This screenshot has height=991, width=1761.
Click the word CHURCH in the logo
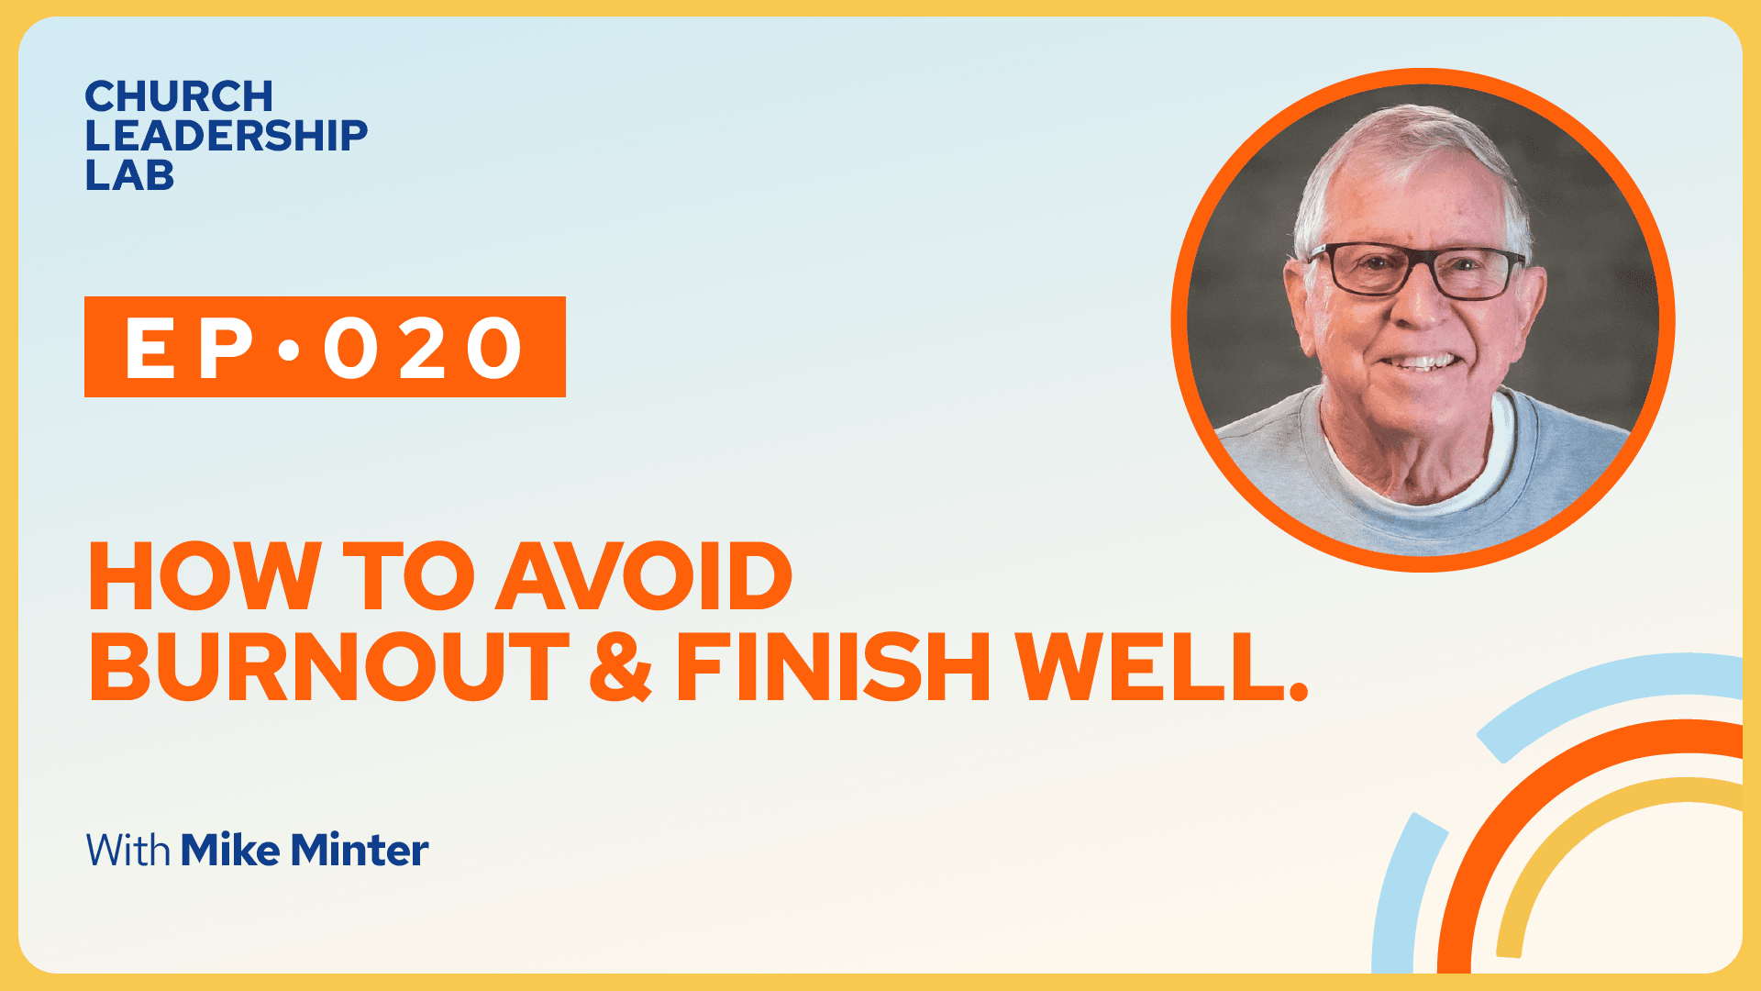click(179, 96)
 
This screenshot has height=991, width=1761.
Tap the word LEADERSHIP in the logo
click(226, 136)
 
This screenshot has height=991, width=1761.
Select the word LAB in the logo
click(129, 175)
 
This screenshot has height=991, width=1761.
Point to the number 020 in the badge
click(423, 348)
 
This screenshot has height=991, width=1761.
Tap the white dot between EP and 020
click(289, 349)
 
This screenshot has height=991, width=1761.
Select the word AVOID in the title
click(643, 576)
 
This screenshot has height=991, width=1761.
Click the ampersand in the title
click(621, 667)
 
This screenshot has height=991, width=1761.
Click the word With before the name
click(128, 851)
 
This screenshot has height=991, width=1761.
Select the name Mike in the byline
click(230, 850)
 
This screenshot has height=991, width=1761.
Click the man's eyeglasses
click(1416, 271)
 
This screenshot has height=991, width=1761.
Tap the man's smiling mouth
click(1421, 362)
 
